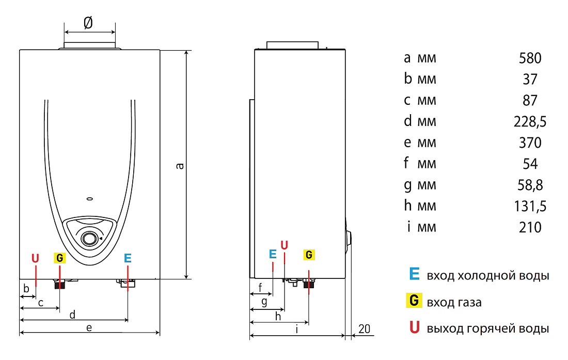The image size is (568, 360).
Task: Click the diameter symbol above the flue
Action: (88, 22)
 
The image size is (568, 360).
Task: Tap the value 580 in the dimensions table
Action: (530, 58)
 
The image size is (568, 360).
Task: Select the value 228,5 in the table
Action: (530, 122)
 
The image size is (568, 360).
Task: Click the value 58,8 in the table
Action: (530, 185)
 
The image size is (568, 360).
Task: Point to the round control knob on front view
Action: (89, 239)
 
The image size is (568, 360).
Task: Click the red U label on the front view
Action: (35, 259)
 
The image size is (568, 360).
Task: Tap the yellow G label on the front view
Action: (60, 258)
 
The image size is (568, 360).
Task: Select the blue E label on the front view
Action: (128, 258)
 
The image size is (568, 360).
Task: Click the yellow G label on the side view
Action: (309, 255)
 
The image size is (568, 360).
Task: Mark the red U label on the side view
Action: (285, 245)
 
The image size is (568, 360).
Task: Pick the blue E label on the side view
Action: (273, 254)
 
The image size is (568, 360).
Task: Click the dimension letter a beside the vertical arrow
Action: (180, 166)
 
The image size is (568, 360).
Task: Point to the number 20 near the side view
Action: (365, 329)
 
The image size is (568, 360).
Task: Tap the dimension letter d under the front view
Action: (72, 315)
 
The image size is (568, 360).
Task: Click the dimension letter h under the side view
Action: (278, 317)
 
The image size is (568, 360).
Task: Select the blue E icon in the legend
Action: (415, 274)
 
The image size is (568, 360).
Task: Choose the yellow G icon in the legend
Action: (414, 301)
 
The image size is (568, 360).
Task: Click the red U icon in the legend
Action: (415, 327)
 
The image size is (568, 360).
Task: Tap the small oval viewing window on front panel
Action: (90, 199)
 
